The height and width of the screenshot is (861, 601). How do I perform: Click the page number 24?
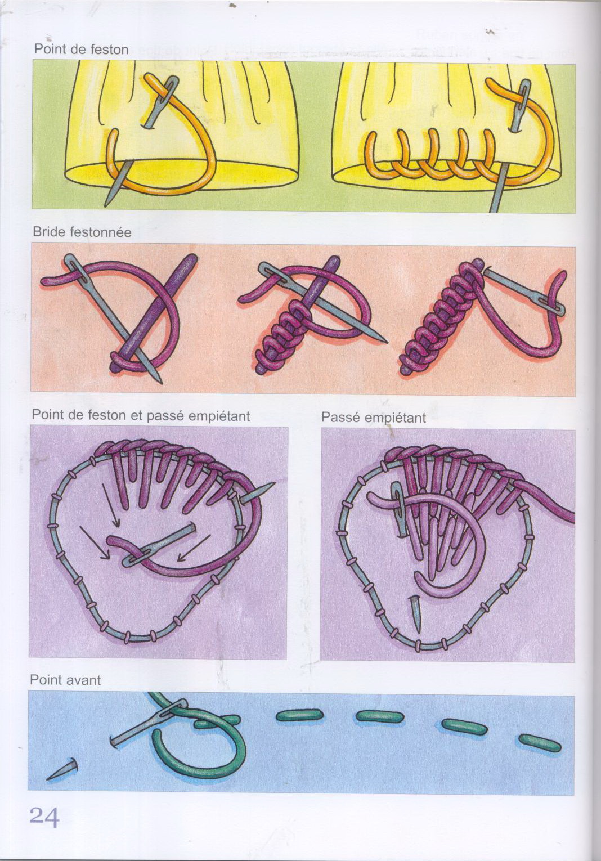(42, 817)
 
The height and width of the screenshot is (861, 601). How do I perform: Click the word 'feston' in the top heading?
(109, 50)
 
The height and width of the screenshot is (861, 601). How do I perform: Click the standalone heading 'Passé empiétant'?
(373, 418)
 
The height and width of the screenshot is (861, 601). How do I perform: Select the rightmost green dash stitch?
(539, 743)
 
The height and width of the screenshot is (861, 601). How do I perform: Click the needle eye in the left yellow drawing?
(167, 89)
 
